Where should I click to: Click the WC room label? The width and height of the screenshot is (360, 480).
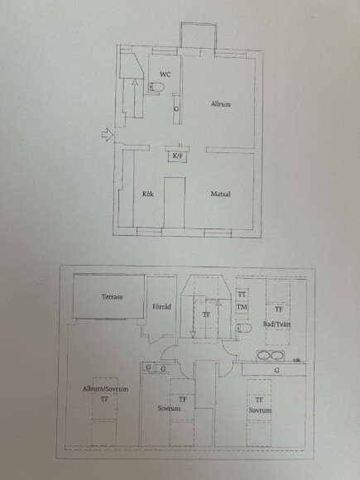[x=166, y=74]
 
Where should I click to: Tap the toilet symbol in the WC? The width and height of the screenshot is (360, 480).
[x=156, y=87]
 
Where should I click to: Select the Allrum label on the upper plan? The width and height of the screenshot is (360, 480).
[x=220, y=104]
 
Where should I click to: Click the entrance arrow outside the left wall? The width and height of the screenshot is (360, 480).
[x=108, y=134]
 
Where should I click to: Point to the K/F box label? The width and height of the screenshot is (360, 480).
[x=178, y=156]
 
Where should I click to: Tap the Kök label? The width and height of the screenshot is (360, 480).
[x=148, y=194]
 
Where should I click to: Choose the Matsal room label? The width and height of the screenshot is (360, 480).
[x=220, y=194]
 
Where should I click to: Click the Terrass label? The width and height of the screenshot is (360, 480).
[x=112, y=296]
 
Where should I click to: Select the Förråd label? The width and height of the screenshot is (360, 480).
[x=161, y=307]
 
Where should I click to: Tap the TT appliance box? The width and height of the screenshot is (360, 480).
[x=242, y=295]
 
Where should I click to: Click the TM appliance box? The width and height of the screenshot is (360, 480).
[x=242, y=307]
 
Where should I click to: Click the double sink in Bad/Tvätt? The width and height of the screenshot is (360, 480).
[x=271, y=356]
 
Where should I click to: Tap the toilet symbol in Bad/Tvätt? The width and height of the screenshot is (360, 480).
[x=243, y=329]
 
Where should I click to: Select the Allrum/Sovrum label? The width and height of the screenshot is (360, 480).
[x=105, y=389]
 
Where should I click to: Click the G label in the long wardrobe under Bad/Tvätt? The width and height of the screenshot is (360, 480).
[x=276, y=371]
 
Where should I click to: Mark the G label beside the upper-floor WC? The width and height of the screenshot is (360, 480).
[x=176, y=109]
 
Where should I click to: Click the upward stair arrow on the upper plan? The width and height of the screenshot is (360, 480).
[x=135, y=98]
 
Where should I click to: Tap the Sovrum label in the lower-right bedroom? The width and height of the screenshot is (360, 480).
[x=260, y=410]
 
